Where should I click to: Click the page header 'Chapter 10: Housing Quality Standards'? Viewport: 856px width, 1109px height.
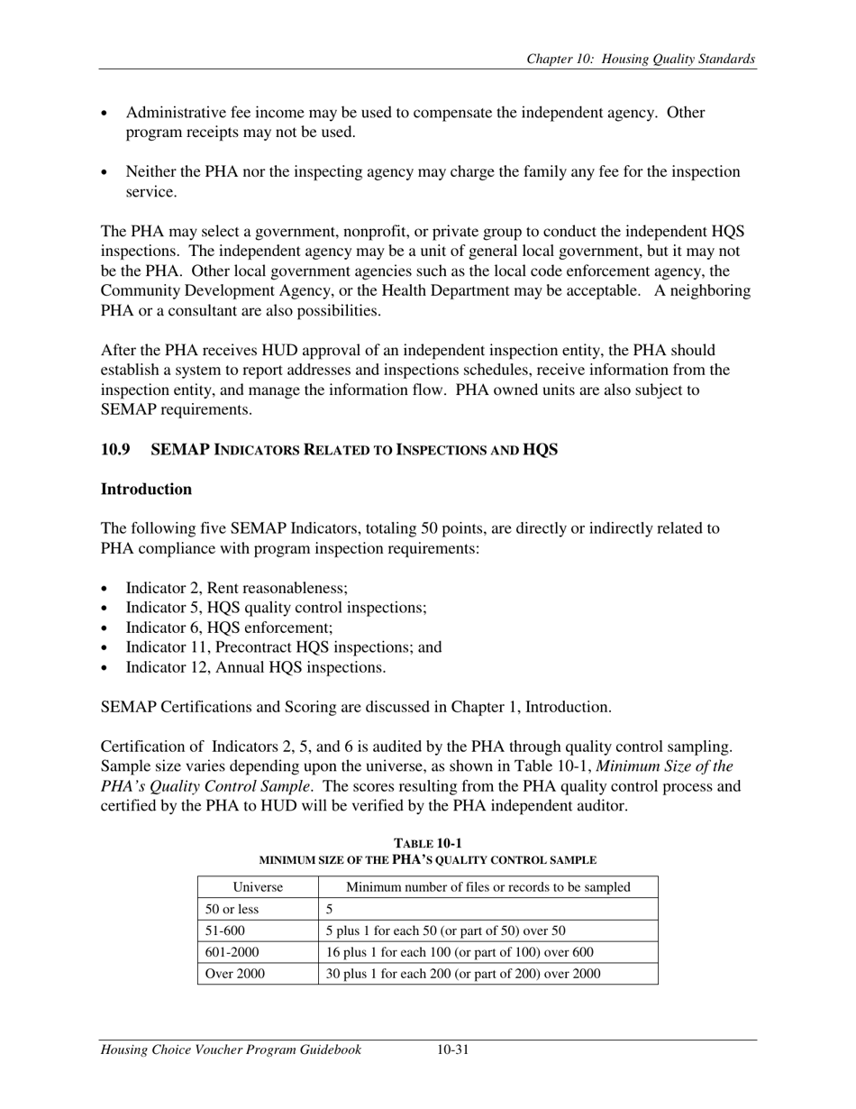click(640, 60)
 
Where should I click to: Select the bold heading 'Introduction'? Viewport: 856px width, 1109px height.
click(146, 490)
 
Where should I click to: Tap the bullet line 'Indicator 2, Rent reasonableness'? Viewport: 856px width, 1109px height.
click(236, 588)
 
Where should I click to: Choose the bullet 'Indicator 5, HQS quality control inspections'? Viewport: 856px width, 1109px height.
click(276, 608)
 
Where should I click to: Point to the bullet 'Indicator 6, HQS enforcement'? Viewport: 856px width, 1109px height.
click(229, 628)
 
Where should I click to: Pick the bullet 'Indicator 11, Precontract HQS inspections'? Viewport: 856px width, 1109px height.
click(283, 647)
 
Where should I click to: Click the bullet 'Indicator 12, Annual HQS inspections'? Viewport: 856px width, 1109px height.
click(255, 667)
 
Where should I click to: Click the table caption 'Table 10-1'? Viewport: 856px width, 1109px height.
click(428, 843)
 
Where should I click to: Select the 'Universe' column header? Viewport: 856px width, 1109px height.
click(258, 887)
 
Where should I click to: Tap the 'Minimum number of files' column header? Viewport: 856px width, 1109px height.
click(487, 887)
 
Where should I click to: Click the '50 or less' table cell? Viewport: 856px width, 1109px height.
click(232, 909)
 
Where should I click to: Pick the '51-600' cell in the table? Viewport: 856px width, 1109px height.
click(225, 930)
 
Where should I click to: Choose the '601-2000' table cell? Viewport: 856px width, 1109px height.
click(231, 952)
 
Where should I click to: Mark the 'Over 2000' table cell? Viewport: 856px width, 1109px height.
click(235, 974)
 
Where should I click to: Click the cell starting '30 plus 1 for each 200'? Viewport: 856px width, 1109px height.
click(462, 974)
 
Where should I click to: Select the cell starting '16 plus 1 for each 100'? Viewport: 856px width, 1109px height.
click(460, 952)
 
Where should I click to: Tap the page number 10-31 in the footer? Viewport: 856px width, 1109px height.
click(452, 1049)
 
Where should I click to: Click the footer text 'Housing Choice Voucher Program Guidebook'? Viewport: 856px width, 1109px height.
click(231, 1049)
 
